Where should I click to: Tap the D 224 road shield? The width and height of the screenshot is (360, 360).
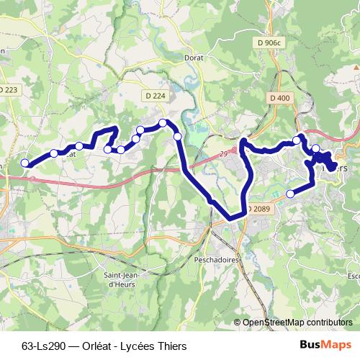(154, 95)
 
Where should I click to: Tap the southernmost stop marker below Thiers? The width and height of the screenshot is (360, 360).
(291, 193)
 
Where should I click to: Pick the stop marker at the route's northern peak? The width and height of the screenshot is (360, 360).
(163, 123)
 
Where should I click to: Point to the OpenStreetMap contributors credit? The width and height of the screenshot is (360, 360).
(297, 322)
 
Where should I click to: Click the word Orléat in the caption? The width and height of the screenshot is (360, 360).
(89, 346)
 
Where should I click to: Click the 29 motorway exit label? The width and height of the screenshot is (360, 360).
(225, 153)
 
